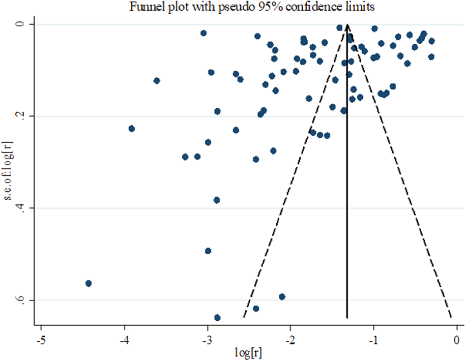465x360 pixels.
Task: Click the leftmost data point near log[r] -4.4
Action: click(88, 283)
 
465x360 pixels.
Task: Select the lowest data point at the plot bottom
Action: click(217, 318)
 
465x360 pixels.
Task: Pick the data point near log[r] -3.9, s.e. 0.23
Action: click(132, 128)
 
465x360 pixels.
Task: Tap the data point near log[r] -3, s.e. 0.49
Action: click(208, 251)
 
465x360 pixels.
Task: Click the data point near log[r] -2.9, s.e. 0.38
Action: click(216, 200)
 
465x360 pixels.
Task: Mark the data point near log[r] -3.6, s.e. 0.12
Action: click(157, 81)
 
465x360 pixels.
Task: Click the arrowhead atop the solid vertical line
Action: click(347, 26)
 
